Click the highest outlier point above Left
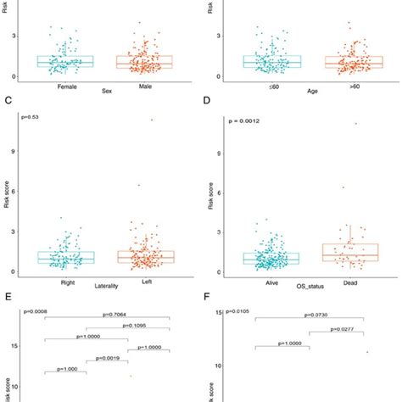[x=153, y=120]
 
